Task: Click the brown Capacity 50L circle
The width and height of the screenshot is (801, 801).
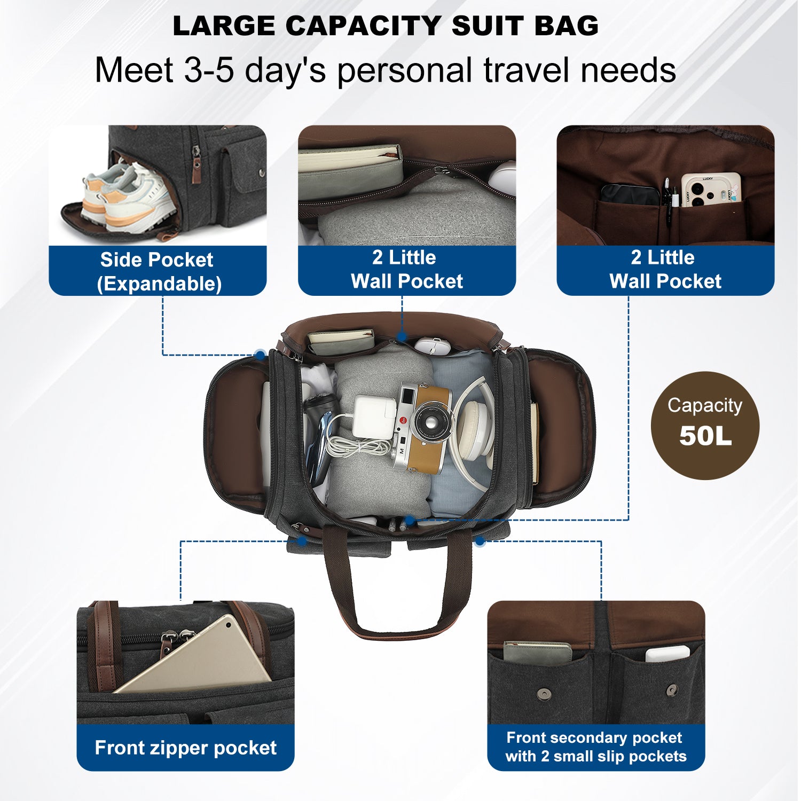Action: [x=705, y=425]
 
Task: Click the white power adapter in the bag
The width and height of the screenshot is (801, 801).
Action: [x=374, y=417]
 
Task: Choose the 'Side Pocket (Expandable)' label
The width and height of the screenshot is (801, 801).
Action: [x=158, y=271]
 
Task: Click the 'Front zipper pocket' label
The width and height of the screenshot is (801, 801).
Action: [x=185, y=748]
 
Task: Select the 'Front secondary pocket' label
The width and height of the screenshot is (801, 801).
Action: [x=594, y=737]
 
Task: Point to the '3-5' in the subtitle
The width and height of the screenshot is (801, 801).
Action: [x=209, y=70]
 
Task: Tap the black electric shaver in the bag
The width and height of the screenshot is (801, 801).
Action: [x=318, y=438]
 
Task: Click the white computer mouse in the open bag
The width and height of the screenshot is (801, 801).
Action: [x=433, y=345]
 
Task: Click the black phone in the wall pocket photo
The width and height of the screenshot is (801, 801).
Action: [x=630, y=194]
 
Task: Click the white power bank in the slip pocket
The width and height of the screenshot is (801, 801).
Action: [x=667, y=654]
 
